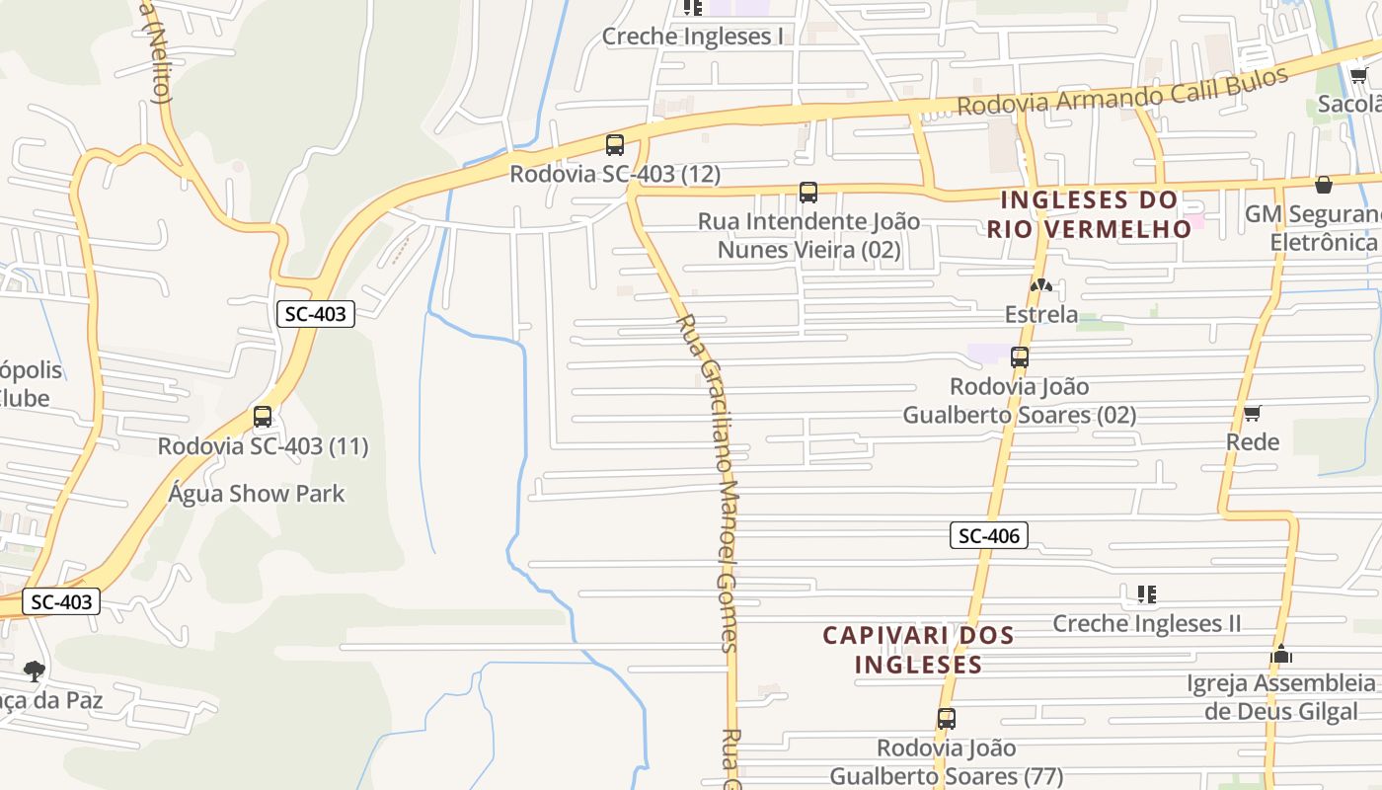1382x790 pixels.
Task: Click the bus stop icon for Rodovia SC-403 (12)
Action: pyautogui.click(x=615, y=145)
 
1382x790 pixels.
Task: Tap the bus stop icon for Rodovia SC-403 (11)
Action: pyautogui.click(x=263, y=417)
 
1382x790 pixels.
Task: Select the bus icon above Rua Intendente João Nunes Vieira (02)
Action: pyautogui.click(x=808, y=193)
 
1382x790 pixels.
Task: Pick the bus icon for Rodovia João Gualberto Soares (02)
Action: pyautogui.click(x=1020, y=357)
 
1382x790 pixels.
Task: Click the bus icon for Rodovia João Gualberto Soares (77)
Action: pyautogui.click(x=947, y=719)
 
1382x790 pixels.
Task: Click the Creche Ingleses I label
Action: pyautogui.click(x=692, y=37)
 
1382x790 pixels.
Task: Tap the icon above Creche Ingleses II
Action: pyautogui.click(x=1146, y=594)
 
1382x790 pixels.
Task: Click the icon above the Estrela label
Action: pyautogui.click(x=1040, y=286)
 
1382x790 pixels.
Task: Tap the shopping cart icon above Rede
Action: pyautogui.click(x=1253, y=413)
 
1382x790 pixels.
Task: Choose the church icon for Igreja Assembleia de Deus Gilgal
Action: pyautogui.click(x=1281, y=654)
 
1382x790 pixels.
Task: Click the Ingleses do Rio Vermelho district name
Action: pyautogui.click(x=1090, y=214)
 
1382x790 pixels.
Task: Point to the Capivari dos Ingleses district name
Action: pyautogui.click(x=919, y=649)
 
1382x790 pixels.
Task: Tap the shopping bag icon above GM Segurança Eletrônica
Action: pyautogui.click(x=1324, y=185)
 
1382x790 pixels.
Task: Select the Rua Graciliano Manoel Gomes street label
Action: pyautogui.click(x=712, y=484)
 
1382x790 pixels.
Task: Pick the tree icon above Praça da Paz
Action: pyautogui.click(x=35, y=671)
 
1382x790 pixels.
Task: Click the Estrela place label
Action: pyautogui.click(x=1040, y=315)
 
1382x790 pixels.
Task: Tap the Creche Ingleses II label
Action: pyautogui.click(x=1146, y=623)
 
